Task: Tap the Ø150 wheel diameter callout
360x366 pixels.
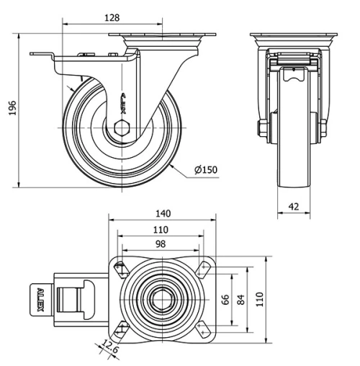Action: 205,170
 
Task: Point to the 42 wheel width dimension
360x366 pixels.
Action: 293,206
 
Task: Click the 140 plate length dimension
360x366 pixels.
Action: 162,213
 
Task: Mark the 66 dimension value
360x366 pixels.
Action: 224,299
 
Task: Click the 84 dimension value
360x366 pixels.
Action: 242,299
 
